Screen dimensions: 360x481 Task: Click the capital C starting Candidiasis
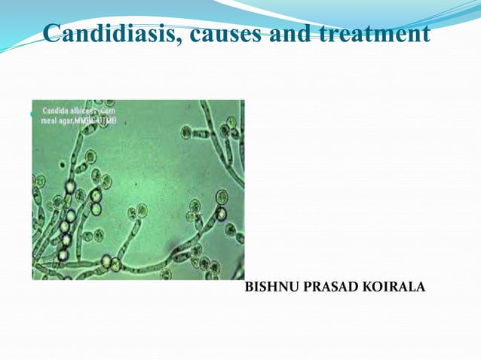coord(52,34)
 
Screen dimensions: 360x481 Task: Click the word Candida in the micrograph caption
coord(53,110)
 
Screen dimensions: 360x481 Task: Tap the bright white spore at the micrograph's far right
coord(221,213)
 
